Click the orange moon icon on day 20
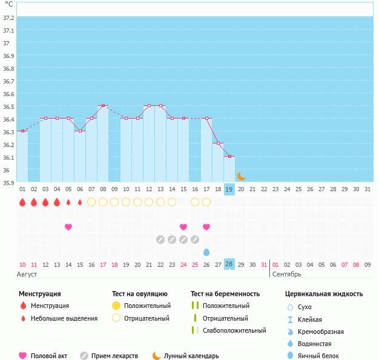point(242,176)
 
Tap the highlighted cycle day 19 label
point(229,189)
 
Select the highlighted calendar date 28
point(229,264)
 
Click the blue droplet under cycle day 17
point(206,252)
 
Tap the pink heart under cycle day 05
point(68,227)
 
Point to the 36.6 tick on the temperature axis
point(8,94)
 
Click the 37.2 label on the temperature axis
point(8,18)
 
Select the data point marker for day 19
point(229,157)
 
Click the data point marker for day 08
point(103,106)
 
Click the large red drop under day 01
point(22,202)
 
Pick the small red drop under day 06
point(80,202)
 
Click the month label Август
point(28,274)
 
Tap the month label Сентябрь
point(286,274)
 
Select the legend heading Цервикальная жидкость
point(324,294)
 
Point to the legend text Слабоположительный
point(234,330)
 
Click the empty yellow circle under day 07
point(91,202)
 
